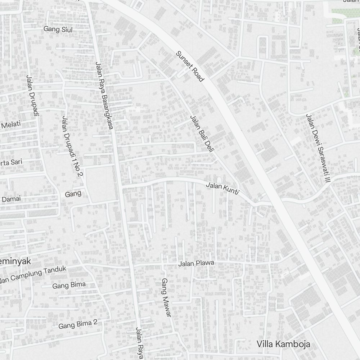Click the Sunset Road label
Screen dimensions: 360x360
(190, 66)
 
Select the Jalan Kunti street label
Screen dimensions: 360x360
(222, 189)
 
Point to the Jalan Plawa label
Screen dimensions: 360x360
(196, 264)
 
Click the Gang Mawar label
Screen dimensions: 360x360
(166, 297)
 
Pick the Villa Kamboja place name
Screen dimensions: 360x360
(283, 344)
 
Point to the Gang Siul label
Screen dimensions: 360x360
(58, 30)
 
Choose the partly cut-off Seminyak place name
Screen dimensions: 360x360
(14, 261)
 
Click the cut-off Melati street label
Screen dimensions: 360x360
(11, 125)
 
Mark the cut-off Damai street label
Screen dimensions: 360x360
(12, 199)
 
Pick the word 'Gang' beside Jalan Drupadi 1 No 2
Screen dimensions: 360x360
(73, 194)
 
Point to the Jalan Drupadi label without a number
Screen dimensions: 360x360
(32, 95)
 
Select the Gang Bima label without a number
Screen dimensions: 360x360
(69, 285)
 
